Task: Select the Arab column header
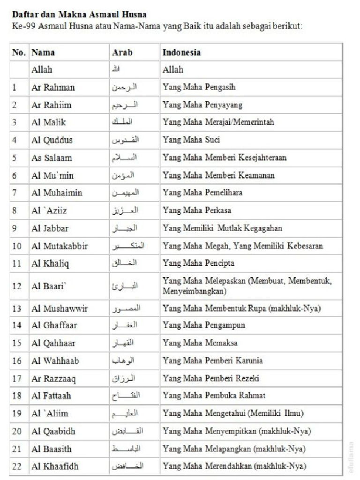point(122,52)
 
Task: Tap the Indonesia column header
point(181,52)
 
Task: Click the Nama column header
point(43,52)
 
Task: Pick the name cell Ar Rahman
point(53,87)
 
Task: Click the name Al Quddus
point(52,140)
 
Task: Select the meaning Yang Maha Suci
point(191,140)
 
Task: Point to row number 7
point(15,193)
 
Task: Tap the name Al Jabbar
point(50,228)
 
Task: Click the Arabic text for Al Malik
point(124,122)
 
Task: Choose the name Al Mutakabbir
point(60,246)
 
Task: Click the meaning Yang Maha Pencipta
point(198,263)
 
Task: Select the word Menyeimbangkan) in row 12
point(195,292)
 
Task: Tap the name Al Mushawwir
point(60,308)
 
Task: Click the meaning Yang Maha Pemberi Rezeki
point(210,378)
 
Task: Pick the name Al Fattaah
point(52,396)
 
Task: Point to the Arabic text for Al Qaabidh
point(126,431)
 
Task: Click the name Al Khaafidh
point(55,466)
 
